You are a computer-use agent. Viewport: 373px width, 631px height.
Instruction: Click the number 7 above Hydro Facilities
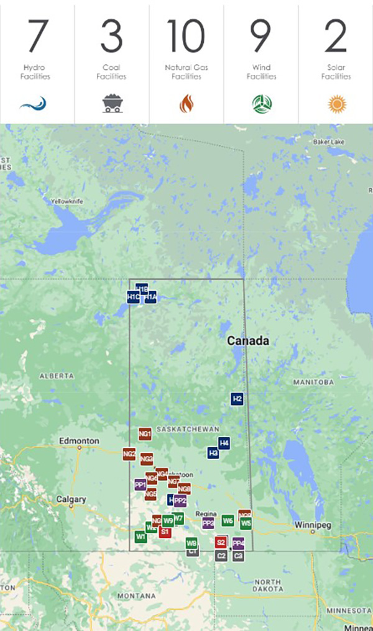(x=37, y=37)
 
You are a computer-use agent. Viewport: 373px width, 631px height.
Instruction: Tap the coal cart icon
(x=112, y=103)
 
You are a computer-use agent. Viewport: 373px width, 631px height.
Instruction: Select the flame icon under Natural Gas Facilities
(x=186, y=103)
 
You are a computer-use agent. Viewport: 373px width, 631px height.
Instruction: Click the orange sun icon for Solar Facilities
(x=336, y=103)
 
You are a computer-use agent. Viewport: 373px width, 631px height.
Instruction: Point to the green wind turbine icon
(x=262, y=103)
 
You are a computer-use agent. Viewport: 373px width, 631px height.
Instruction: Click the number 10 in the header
(x=186, y=37)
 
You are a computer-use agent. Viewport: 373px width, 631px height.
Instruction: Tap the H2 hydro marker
(x=237, y=399)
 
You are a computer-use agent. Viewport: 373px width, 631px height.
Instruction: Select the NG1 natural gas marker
(x=145, y=434)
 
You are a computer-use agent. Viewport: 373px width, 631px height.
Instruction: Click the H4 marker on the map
(x=224, y=443)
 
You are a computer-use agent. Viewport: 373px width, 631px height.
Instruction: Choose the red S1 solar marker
(x=165, y=532)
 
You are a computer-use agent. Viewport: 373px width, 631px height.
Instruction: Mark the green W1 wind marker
(x=141, y=536)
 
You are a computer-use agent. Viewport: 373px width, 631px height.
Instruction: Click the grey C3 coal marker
(x=238, y=556)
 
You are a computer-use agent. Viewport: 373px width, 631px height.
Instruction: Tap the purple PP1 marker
(x=140, y=484)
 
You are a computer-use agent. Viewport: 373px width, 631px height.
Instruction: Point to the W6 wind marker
(x=228, y=520)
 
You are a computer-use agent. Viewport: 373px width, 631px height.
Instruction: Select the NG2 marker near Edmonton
(x=129, y=455)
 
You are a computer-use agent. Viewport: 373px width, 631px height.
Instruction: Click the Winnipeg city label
(x=313, y=525)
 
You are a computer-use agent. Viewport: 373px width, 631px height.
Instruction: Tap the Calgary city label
(x=71, y=499)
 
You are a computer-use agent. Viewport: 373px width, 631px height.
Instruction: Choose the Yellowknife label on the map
(x=67, y=201)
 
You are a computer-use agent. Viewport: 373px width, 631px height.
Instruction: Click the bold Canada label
(x=248, y=341)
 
